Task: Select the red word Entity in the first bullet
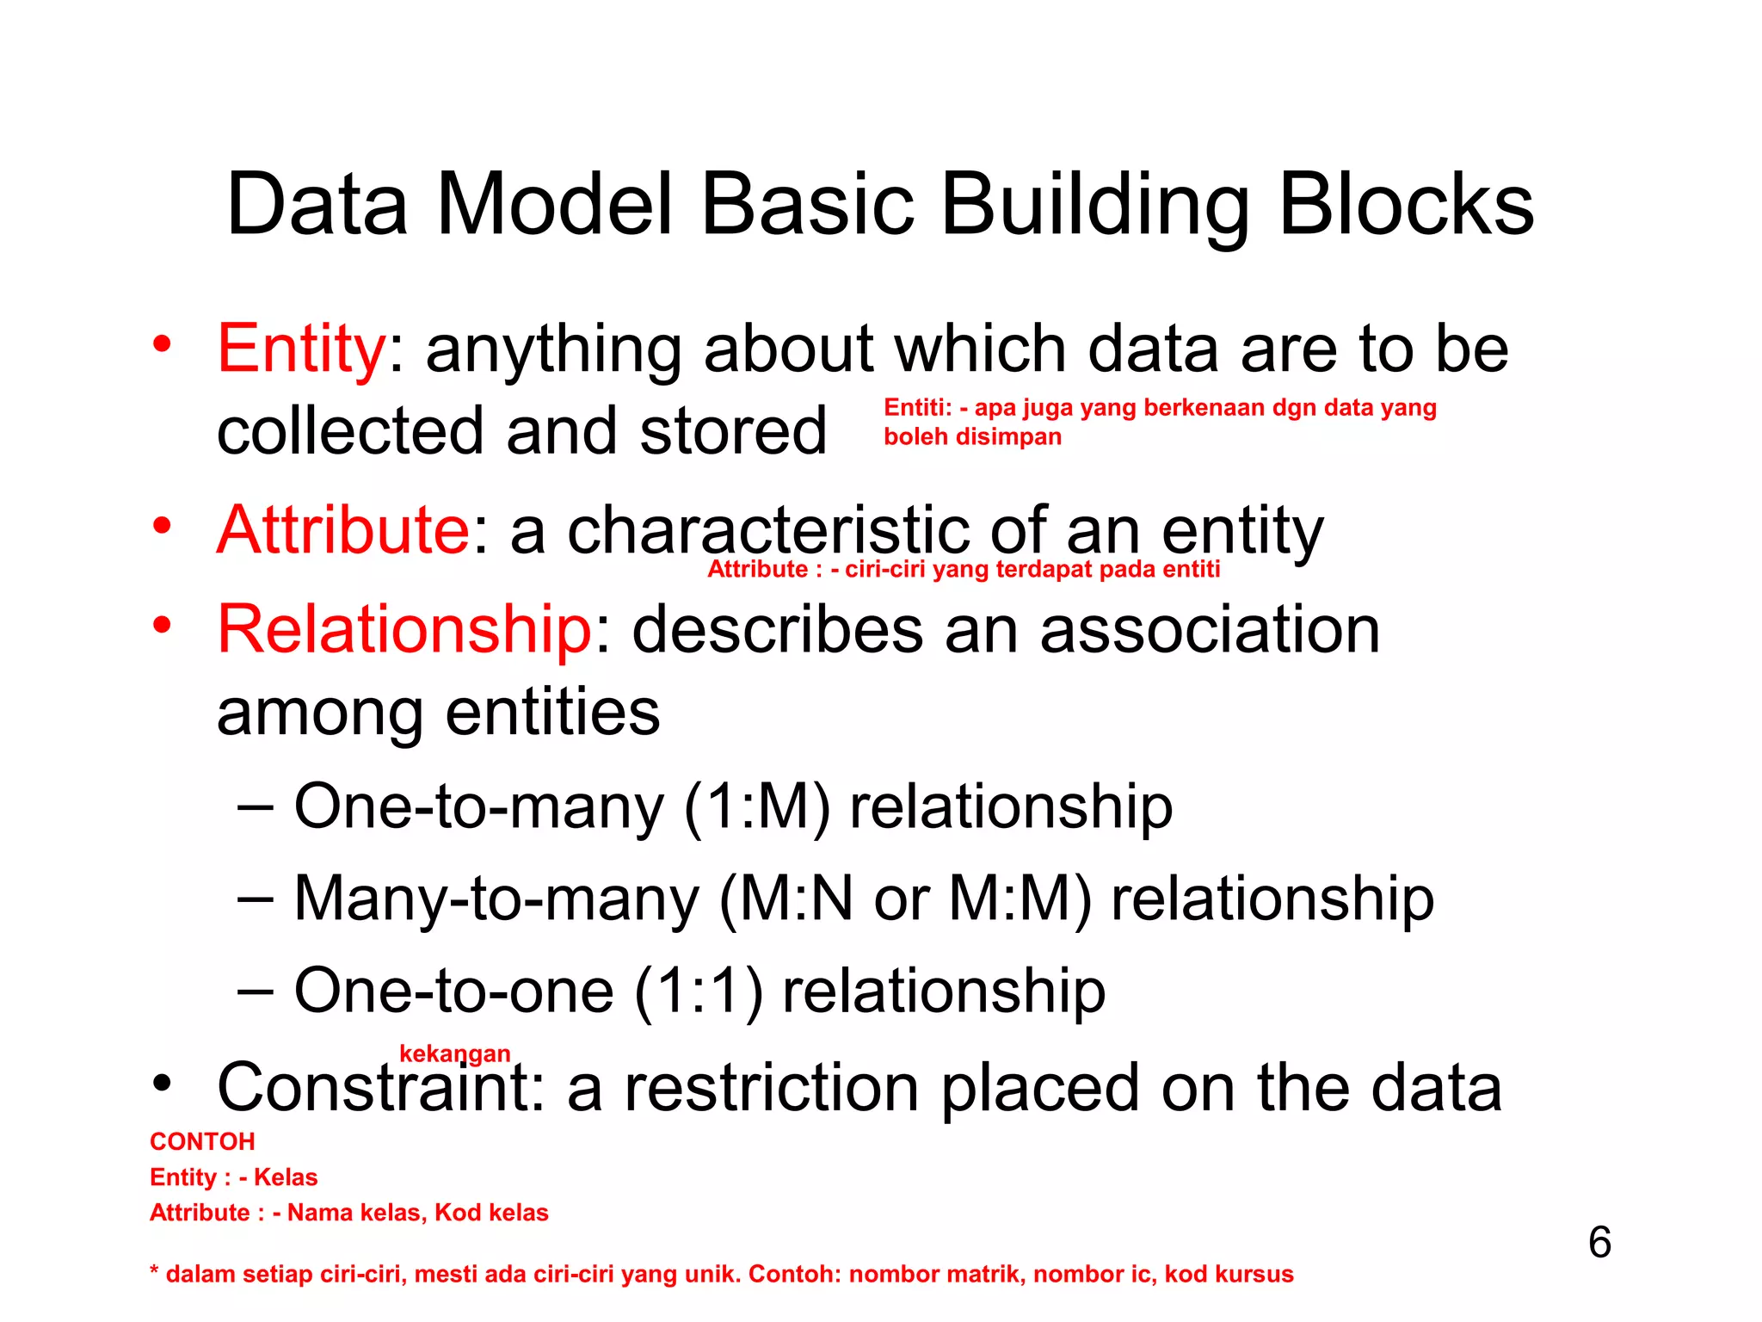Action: point(301,349)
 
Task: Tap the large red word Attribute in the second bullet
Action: point(343,530)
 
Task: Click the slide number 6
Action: point(1599,1242)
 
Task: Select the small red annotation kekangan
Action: point(454,1053)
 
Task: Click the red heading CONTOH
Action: point(202,1141)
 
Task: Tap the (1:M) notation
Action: point(757,807)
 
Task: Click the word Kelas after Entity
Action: point(286,1177)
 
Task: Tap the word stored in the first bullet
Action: point(732,431)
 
